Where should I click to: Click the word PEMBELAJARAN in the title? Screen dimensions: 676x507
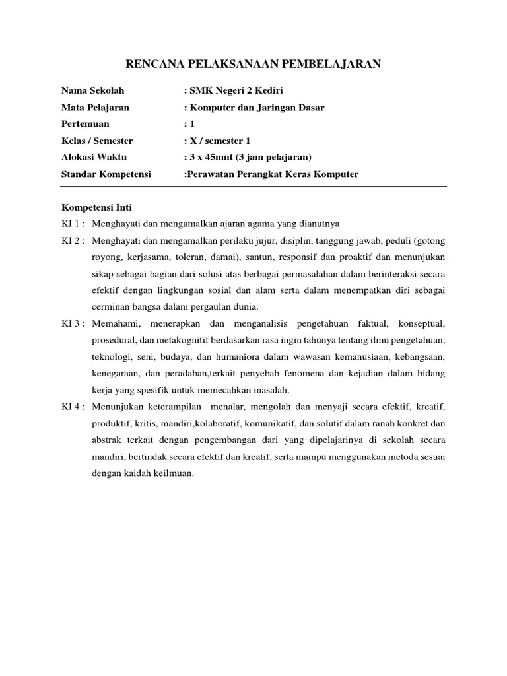click(332, 64)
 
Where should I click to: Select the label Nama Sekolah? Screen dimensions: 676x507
click(92, 90)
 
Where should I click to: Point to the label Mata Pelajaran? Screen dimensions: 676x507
click(95, 107)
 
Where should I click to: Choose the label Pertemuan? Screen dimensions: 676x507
click(85, 123)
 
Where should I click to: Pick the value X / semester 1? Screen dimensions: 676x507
click(220, 141)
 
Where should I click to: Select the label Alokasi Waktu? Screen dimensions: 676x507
click(94, 157)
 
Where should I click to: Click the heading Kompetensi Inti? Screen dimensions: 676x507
click(96, 207)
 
